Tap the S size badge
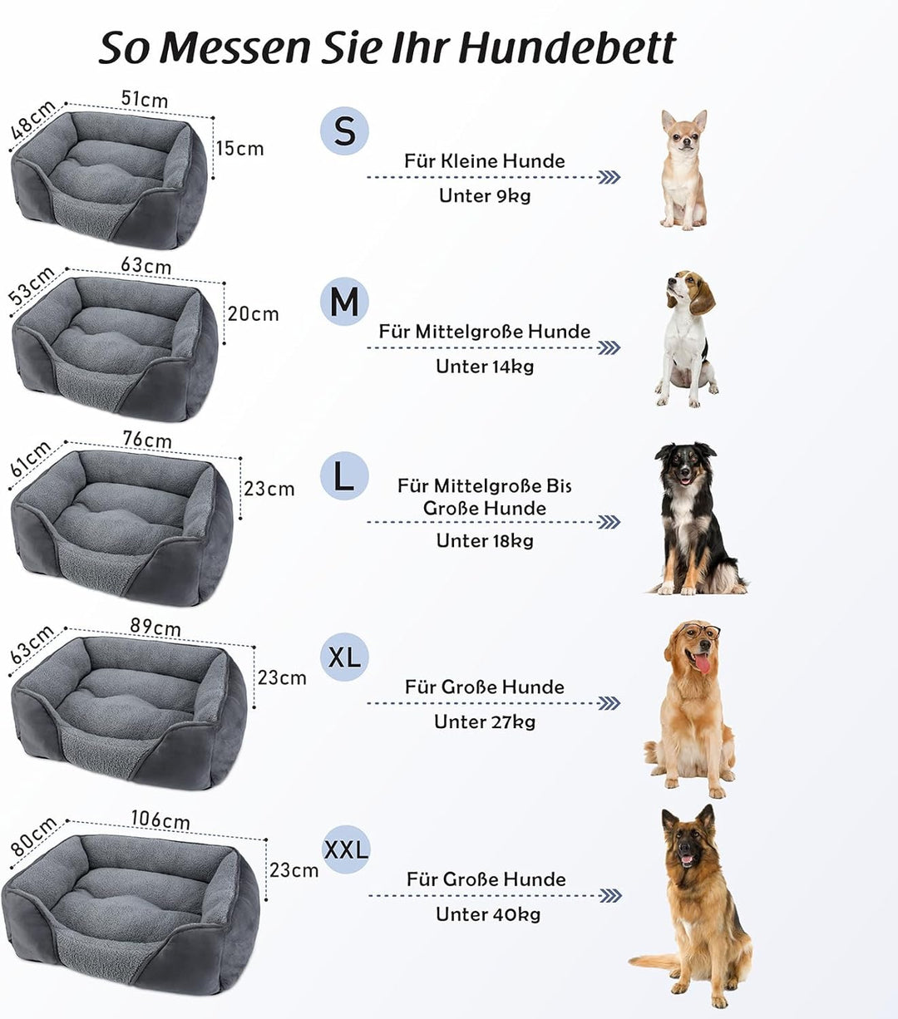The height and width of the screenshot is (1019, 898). (344, 131)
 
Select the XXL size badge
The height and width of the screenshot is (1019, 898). (345, 849)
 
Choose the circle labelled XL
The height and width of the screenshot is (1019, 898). (344, 657)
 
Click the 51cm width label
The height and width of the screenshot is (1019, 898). (144, 99)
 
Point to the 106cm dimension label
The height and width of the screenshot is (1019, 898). (160, 820)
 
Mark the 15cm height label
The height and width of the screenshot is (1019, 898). (239, 148)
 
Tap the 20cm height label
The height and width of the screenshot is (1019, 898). (253, 313)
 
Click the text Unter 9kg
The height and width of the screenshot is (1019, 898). (485, 195)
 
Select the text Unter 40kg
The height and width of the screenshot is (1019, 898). (488, 914)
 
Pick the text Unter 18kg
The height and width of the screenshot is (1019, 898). (485, 540)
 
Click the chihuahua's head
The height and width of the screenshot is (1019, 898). (683, 131)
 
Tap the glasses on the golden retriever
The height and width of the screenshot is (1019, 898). (700, 633)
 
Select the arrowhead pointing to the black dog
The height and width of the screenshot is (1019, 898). (609, 522)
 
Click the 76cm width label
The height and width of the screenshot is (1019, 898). (147, 439)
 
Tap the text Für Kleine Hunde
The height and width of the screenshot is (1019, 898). (485, 160)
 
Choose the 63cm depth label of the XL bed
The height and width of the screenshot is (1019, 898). (32, 643)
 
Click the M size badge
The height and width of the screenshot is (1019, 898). (344, 301)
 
